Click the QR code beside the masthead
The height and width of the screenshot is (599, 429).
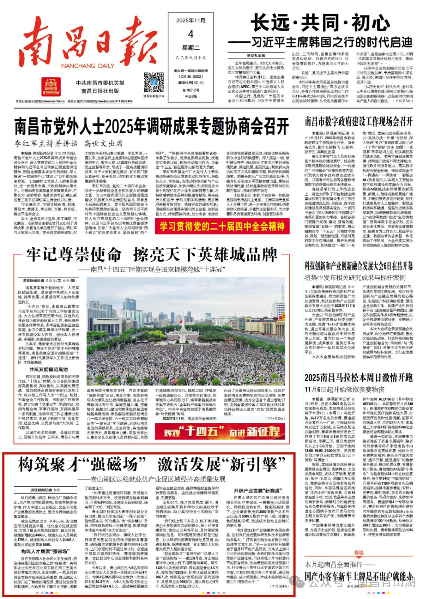click(x=154, y=82)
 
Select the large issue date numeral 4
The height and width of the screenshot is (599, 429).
click(x=191, y=34)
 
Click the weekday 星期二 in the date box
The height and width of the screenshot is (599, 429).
click(x=191, y=48)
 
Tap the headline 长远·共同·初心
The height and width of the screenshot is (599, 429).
click(x=320, y=23)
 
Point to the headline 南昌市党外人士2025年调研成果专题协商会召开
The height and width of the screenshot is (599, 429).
click(x=151, y=127)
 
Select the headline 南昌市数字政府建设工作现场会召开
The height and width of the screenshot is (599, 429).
click(x=358, y=122)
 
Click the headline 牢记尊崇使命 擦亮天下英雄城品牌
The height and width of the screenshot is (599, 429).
click(x=152, y=255)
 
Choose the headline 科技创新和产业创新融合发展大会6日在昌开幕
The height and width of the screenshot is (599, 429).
click(x=358, y=266)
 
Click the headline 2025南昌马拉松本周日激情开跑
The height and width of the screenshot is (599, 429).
click(x=358, y=378)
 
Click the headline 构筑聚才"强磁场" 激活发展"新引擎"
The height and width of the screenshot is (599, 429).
click(x=152, y=464)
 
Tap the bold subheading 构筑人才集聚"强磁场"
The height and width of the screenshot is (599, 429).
click(x=44, y=552)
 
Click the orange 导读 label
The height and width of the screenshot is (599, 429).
click(x=359, y=553)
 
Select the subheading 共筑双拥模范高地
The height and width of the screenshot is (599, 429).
click(x=48, y=370)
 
